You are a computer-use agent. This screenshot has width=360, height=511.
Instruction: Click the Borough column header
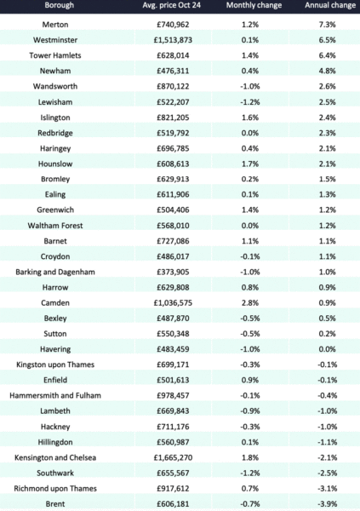(x=60, y=5)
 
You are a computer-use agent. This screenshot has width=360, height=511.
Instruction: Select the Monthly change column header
(x=254, y=5)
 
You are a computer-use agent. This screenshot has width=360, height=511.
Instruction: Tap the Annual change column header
(x=330, y=5)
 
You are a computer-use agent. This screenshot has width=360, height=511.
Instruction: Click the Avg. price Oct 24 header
(x=172, y=5)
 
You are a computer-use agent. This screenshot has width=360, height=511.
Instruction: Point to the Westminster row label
(x=55, y=40)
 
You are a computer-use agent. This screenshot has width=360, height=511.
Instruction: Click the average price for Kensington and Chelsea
(x=173, y=457)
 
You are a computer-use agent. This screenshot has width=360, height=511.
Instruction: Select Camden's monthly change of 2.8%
(x=250, y=303)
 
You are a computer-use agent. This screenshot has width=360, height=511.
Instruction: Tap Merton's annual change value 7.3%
(x=327, y=25)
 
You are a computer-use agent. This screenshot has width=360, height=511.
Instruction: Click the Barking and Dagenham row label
(x=55, y=273)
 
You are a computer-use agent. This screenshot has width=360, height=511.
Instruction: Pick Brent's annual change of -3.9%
(x=327, y=504)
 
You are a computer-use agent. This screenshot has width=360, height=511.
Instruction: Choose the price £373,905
(x=173, y=273)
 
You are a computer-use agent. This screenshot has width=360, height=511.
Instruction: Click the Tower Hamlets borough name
(x=55, y=55)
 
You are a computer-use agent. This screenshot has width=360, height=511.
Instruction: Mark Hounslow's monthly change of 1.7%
(x=250, y=164)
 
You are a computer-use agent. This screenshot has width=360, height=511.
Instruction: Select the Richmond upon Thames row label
(x=55, y=489)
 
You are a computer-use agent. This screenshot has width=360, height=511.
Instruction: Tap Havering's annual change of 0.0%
(x=327, y=349)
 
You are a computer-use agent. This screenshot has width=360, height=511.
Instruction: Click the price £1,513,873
(x=173, y=40)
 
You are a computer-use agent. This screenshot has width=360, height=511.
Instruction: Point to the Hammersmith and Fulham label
(x=55, y=396)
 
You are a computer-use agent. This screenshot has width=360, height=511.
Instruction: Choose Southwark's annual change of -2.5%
(x=327, y=474)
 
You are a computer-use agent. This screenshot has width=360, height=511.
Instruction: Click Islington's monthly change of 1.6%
(x=250, y=118)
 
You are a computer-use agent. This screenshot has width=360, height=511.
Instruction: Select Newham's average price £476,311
(x=173, y=71)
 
